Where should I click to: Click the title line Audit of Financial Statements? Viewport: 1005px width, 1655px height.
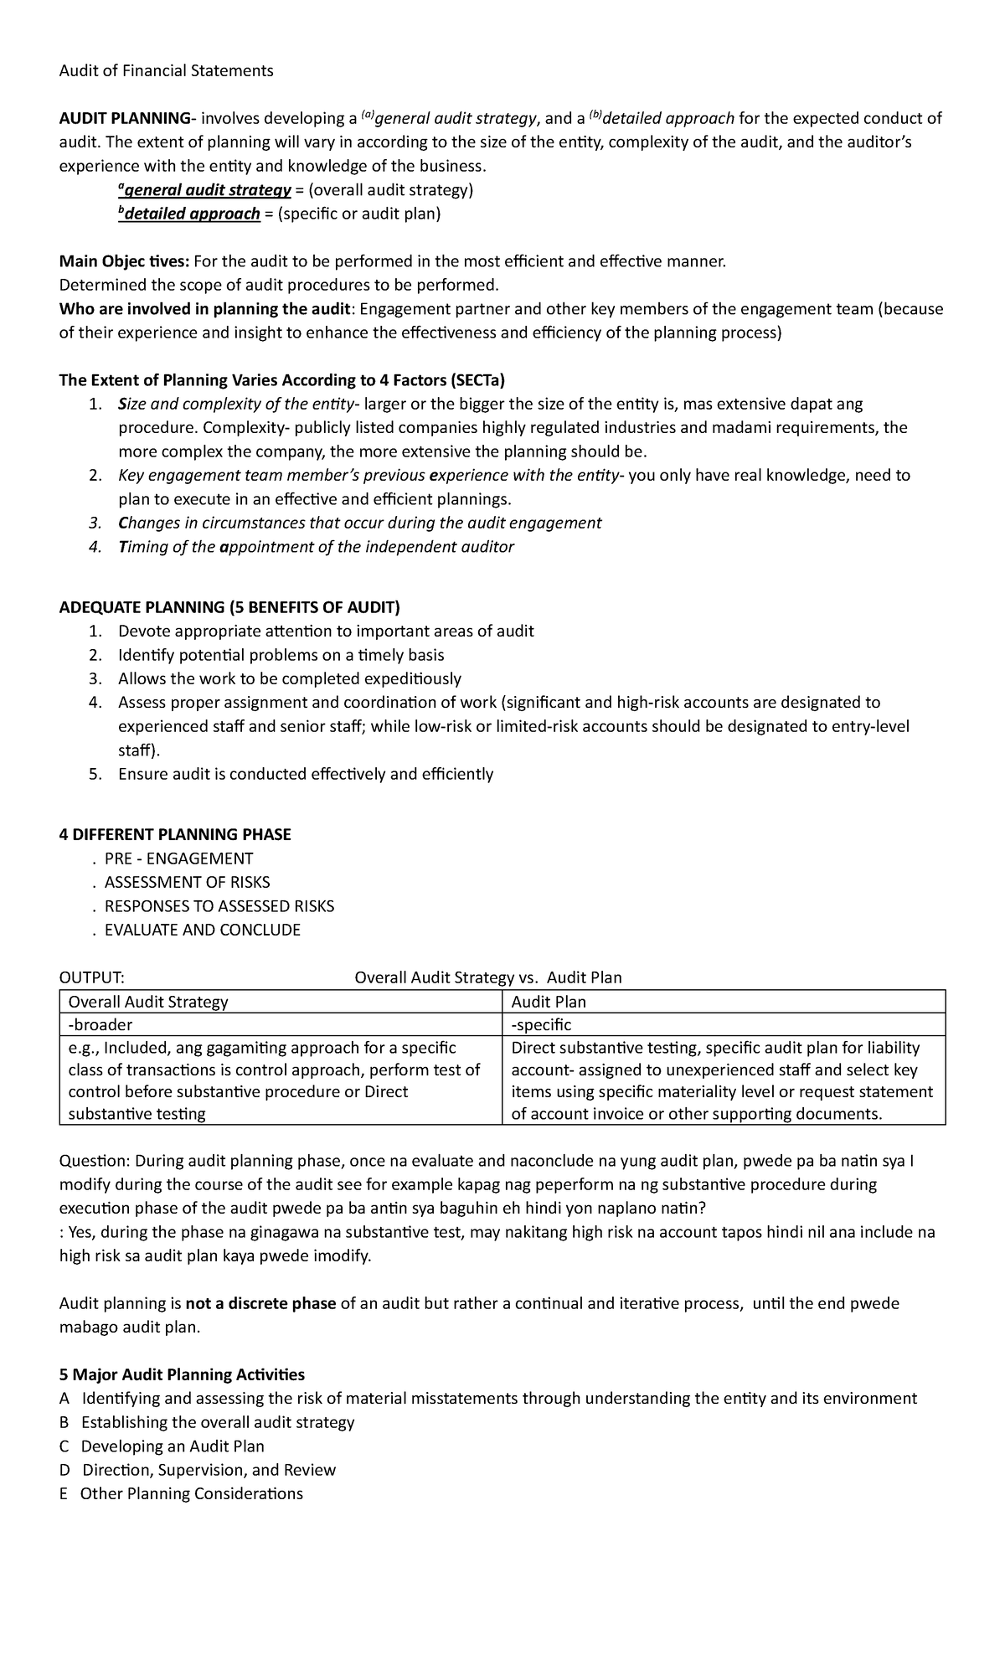[166, 70]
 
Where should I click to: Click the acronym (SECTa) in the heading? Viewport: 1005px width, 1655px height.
[477, 380]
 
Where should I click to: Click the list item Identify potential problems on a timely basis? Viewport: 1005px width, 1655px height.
[281, 655]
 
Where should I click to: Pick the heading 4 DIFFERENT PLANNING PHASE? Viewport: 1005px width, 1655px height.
[175, 834]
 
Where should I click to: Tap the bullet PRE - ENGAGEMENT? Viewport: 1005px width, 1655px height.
[178, 858]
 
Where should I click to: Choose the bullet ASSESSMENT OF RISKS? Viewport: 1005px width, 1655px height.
[187, 882]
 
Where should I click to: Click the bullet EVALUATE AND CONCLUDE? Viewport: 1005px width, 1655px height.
[202, 930]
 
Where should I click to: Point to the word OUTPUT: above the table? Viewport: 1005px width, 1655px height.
[92, 977]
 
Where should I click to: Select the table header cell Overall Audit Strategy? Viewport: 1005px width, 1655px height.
[148, 1002]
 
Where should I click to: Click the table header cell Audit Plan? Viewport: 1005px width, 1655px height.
[549, 1002]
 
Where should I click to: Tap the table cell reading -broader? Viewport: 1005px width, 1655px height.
[100, 1024]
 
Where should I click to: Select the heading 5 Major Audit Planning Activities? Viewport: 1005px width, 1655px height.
[182, 1374]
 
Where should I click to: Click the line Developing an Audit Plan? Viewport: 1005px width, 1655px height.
[172, 1446]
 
